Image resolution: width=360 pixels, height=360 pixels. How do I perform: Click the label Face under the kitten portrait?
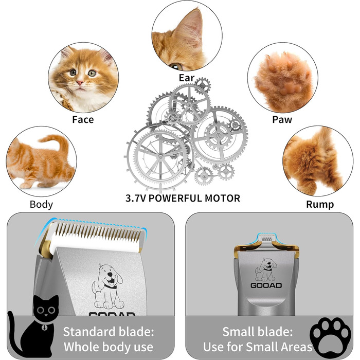pos(83,119)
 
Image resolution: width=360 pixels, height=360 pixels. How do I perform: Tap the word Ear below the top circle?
pos(187,78)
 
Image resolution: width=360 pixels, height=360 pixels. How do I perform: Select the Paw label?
pos(282,119)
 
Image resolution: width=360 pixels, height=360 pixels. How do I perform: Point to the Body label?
pos(41,204)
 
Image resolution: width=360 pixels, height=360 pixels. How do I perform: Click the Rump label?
pos(320,204)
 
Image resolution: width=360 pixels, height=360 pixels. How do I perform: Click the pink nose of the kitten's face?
pos(80,83)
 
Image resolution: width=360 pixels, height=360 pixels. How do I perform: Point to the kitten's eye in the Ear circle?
pos(176,66)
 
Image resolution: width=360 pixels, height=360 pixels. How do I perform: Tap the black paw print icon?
pos(330,337)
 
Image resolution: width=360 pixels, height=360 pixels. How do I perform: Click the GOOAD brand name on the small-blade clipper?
pos(266,285)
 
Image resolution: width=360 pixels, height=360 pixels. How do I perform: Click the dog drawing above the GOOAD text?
pos(266,270)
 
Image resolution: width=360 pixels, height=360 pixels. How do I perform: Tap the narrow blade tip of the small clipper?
pos(266,239)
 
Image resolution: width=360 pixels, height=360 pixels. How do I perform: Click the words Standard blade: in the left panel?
pos(109,332)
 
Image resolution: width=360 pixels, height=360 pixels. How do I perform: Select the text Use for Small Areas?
pos(258,347)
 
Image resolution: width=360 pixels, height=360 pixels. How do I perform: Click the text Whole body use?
pos(109,347)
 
